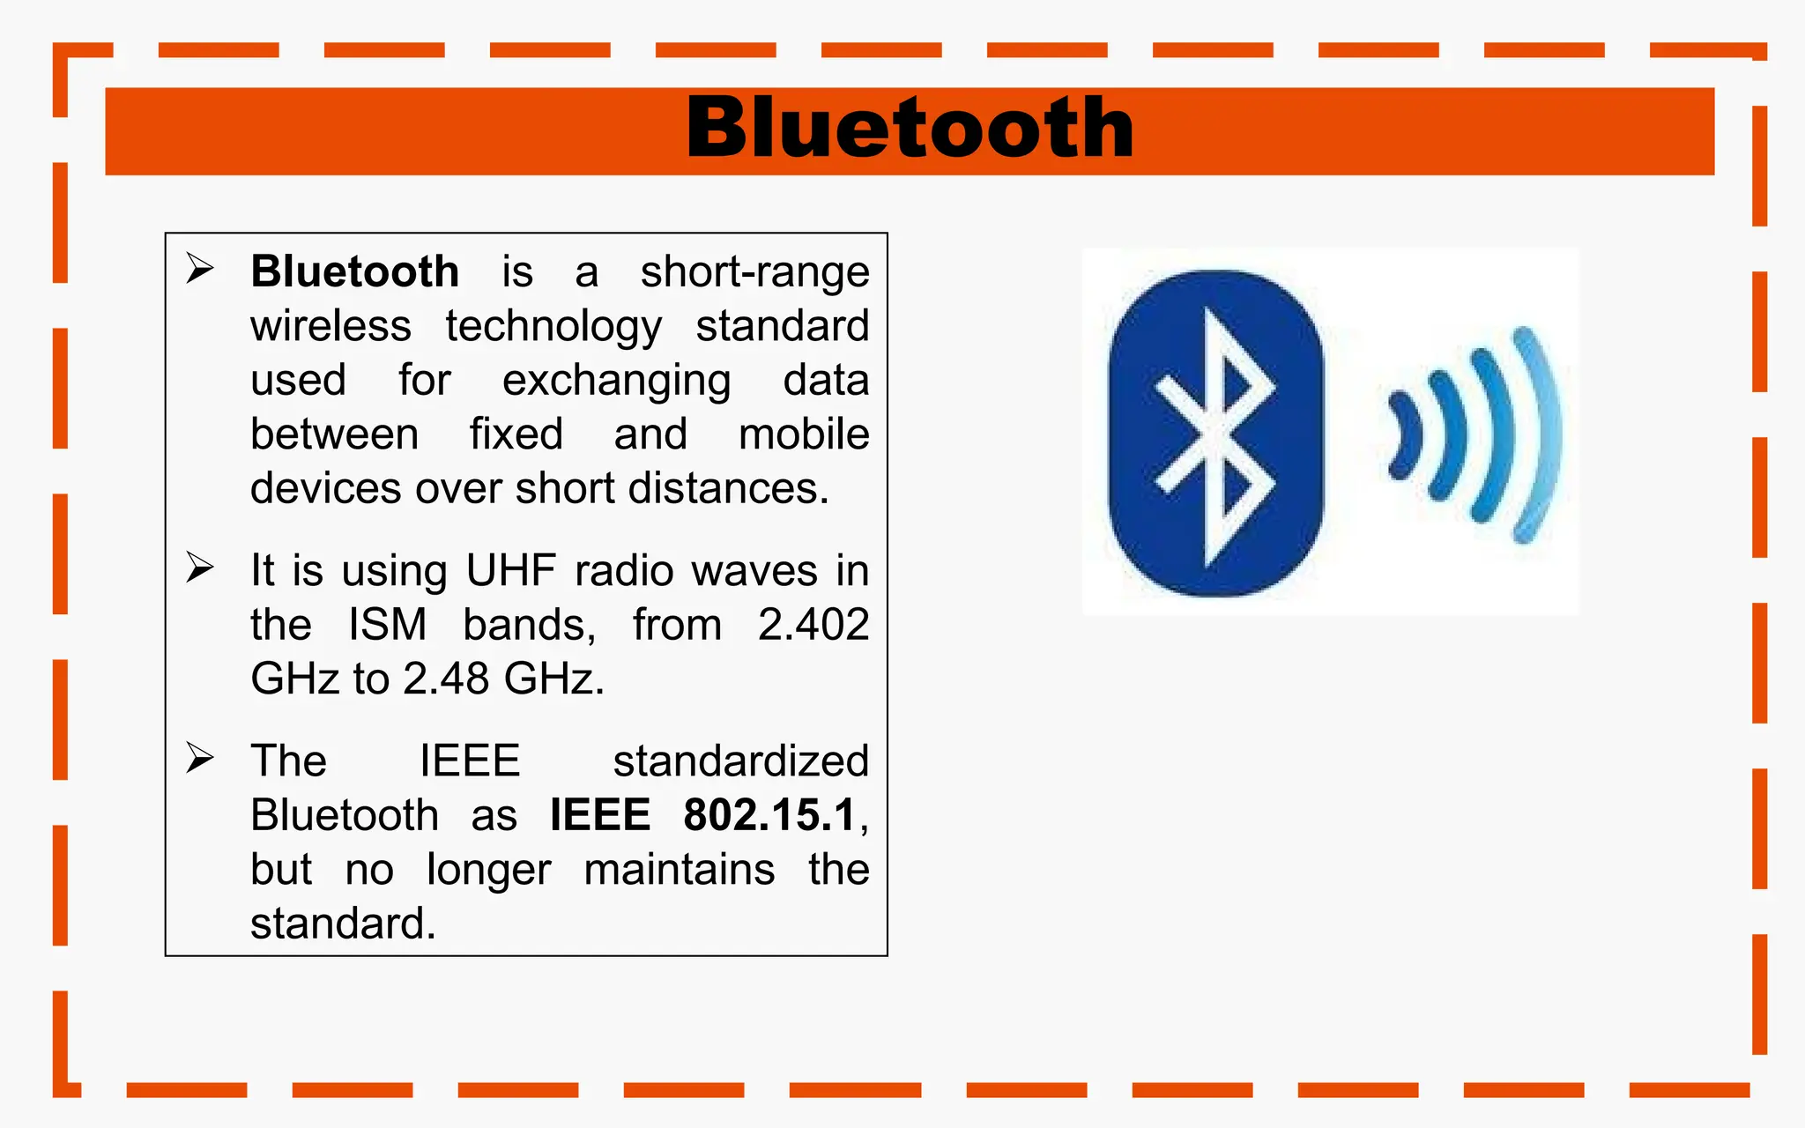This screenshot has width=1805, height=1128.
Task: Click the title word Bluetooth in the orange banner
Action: click(x=910, y=130)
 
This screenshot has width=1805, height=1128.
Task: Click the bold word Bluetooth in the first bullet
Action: click(x=354, y=271)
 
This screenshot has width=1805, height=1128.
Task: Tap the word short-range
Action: click(x=754, y=271)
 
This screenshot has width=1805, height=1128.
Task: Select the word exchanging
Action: click(x=616, y=381)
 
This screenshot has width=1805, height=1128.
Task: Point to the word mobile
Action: click(x=803, y=434)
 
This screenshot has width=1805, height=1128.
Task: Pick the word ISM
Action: click(x=387, y=625)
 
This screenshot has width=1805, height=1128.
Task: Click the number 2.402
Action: click(x=813, y=625)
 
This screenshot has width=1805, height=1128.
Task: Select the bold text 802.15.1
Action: click(x=769, y=815)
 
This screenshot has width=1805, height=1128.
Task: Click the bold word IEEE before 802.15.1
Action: click(x=599, y=815)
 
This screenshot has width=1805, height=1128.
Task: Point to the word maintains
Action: click(x=679, y=870)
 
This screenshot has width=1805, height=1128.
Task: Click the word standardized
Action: click(x=740, y=761)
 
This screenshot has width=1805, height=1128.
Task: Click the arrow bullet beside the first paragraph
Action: click(x=200, y=268)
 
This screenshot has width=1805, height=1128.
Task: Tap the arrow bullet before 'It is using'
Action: click(x=200, y=568)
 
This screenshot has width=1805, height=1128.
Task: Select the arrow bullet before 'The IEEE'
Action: click(x=200, y=758)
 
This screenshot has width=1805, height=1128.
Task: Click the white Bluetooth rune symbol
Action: click(x=1216, y=436)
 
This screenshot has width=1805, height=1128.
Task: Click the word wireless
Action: click(x=331, y=326)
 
